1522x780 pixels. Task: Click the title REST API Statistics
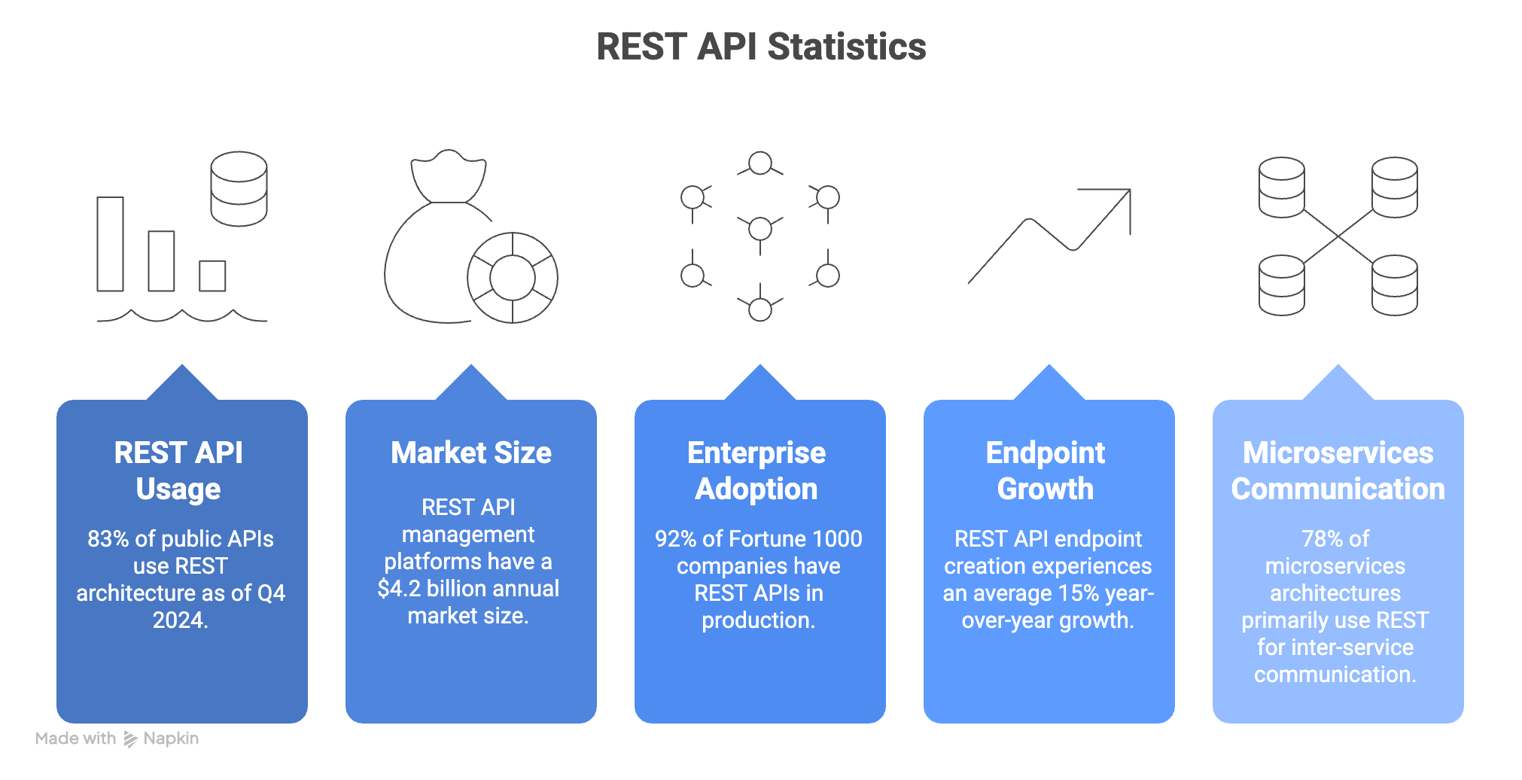[761, 47]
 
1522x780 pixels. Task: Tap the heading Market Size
[471, 452]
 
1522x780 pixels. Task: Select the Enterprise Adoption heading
[756, 471]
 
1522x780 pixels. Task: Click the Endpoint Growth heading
[1046, 471]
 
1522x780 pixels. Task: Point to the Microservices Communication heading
[1338, 471]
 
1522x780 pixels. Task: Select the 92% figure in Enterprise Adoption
[675, 539]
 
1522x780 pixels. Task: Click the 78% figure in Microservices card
[1323, 539]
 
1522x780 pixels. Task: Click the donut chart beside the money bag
[513, 278]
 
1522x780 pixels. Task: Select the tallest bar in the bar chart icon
[110, 244]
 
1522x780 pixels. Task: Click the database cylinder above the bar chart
[239, 188]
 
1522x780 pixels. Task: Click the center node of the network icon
[760, 228]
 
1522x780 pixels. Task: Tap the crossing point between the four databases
[1338, 236]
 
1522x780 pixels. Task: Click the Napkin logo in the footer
[131, 739]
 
